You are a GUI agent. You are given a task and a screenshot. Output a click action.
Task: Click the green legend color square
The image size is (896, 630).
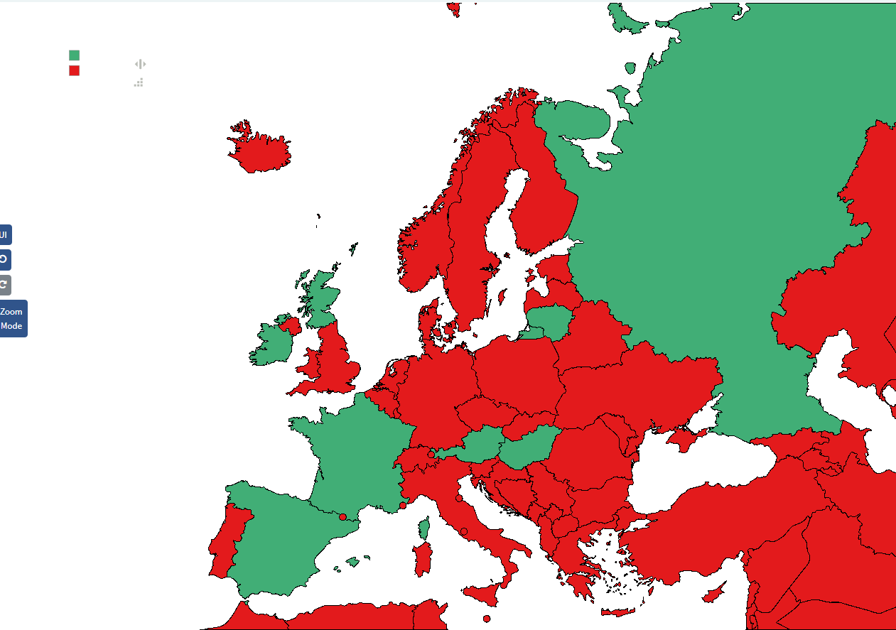[74, 55]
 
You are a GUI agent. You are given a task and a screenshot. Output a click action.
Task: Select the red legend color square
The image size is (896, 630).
[74, 70]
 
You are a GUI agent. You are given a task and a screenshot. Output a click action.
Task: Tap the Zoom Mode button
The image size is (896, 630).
[11, 319]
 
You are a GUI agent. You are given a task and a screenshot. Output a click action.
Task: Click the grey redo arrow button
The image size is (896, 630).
[4, 285]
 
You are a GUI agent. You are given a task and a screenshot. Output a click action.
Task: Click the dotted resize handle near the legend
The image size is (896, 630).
[139, 82]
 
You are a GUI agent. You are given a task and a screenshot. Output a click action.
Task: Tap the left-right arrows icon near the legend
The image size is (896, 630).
[140, 64]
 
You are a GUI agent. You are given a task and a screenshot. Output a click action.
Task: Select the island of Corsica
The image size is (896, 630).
[425, 528]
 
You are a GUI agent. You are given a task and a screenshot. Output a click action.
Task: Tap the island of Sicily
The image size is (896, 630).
[487, 594]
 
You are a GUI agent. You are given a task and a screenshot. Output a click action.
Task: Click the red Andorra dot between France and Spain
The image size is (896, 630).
[342, 517]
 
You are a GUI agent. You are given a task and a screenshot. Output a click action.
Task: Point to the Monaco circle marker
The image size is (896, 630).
[403, 506]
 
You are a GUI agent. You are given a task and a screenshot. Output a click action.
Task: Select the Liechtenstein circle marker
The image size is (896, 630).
[431, 454]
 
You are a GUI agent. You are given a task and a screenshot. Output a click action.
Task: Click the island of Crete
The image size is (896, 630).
[616, 612]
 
